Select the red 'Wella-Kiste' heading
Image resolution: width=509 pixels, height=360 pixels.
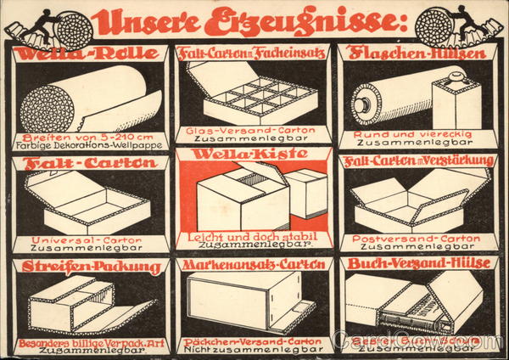tap(255, 155)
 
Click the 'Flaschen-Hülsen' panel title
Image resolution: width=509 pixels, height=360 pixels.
tap(418, 53)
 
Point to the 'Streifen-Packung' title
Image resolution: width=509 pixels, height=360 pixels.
tap(87, 265)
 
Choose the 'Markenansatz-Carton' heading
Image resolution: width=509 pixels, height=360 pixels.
tap(255, 265)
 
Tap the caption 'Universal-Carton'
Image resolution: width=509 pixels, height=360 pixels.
tap(85, 239)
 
